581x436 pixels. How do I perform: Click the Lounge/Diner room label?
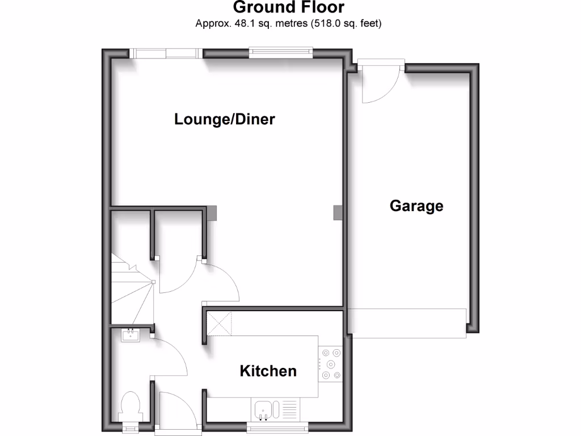coord(225,119)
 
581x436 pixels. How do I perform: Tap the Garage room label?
coord(416,206)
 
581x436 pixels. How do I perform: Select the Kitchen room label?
coord(268,371)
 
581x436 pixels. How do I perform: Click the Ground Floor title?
coord(288,8)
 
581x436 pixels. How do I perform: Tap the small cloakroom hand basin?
coord(130,335)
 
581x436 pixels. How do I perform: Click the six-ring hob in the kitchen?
coord(331,364)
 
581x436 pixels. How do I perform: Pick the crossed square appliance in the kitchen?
coord(220,323)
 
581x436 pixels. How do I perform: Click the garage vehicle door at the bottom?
coord(407,322)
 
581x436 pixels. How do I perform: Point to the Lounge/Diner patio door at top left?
coord(165,53)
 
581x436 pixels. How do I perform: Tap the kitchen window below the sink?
coord(277,427)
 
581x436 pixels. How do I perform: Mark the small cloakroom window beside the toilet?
coord(131,427)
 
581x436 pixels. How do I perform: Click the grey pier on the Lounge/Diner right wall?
coord(338,212)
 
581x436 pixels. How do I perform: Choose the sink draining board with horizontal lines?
coord(289,409)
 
